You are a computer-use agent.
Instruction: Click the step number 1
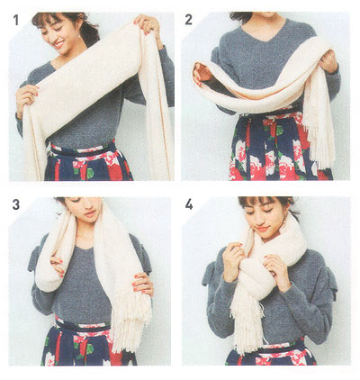pyautogui.click(x=15, y=21)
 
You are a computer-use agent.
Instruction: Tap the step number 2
pyautogui.click(x=188, y=20)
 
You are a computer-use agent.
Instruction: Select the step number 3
pyautogui.click(x=16, y=204)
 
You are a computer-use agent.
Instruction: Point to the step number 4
pyautogui.click(x=189, y=204)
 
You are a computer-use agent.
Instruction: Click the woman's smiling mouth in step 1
pyautogui.click(x=58, y=44)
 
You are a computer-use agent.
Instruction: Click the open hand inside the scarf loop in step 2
pyautogui.click(x=202, y=72)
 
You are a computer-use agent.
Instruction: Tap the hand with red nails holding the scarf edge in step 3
pyautogui.click(x=143, y=284)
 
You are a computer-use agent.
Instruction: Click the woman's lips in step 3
pyautogui.click(x=90, y=214)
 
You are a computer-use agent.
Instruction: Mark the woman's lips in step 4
pyautogui.click(x=264, y=229)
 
